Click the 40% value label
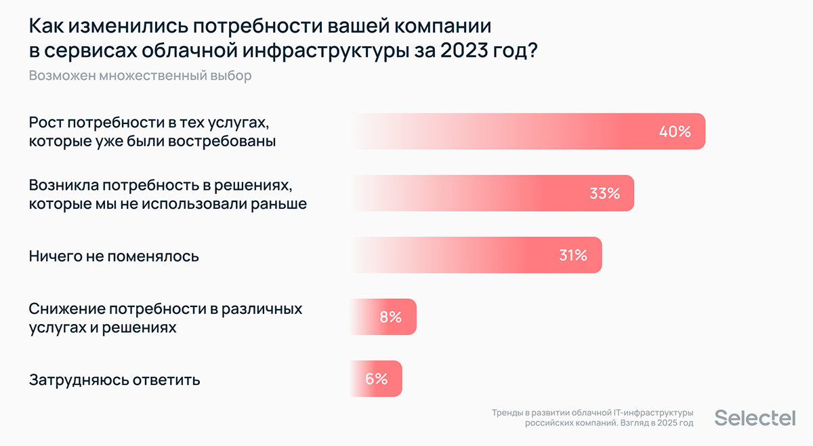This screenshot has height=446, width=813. pos(675,131)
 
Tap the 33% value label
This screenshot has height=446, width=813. pos(604,193)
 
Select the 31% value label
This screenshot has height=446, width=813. pos(572,256)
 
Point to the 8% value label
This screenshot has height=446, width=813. pos(391,317)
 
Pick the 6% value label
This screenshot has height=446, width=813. pos(376,379)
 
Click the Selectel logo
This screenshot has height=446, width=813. pos(755,418)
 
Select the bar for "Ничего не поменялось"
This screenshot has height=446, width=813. pos(474,256)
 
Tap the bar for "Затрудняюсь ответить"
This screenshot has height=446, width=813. pos(375,379)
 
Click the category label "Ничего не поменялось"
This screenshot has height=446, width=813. pos(114,256)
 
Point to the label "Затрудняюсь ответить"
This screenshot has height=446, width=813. pos(114,380)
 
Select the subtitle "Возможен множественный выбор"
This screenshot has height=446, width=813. pos(140,75)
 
